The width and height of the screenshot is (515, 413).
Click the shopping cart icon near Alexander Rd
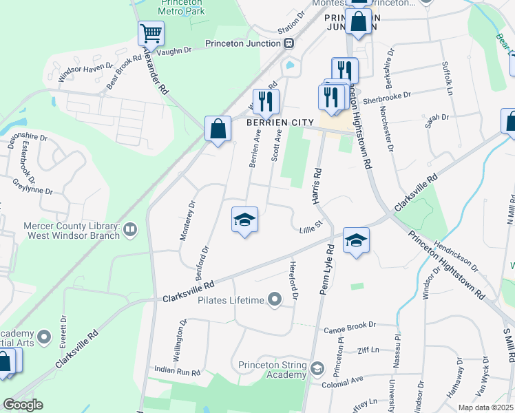click(x=151, y=32)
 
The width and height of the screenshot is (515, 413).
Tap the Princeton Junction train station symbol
click(x=289, y=43)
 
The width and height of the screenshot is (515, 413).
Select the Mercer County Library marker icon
click(x=129, y=231)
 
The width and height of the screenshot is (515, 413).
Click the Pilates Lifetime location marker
click(x=275, y=299)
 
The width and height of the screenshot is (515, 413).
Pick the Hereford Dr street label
click(x=294, y=279)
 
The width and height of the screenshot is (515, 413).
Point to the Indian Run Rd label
click(x=177, y=371)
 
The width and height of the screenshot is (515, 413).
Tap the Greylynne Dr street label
click(x=32, y=185)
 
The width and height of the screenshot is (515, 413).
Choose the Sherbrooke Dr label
click(x=387, y=96)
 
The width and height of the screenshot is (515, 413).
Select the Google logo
click(x=23, y=404)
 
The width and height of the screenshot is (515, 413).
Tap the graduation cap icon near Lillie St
click(x=244, y=220)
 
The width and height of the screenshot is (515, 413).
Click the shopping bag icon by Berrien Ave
click(x=218, y=129)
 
